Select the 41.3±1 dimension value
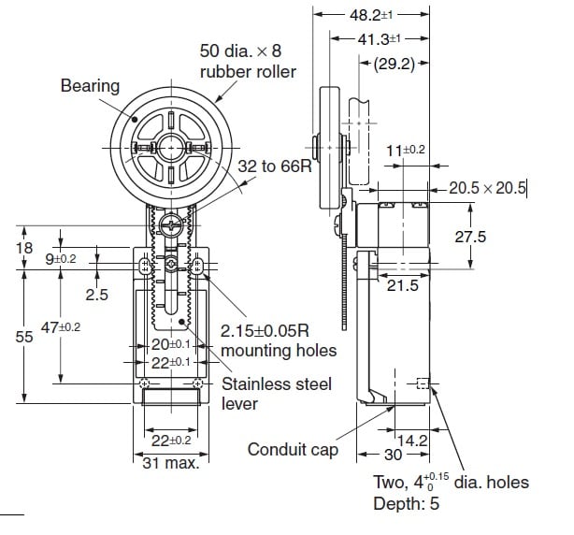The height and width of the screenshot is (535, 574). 380,38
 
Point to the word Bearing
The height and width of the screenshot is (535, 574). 90,86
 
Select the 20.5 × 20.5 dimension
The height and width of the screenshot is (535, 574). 488,188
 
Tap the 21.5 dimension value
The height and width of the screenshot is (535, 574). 403,285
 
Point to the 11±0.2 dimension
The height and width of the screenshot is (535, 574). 406,150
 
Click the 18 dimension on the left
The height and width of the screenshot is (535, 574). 24,248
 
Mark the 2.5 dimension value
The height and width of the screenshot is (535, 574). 97,294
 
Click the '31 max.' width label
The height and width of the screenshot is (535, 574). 173,463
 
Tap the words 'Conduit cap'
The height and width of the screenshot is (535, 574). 292,450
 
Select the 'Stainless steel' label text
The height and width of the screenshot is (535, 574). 276,384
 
